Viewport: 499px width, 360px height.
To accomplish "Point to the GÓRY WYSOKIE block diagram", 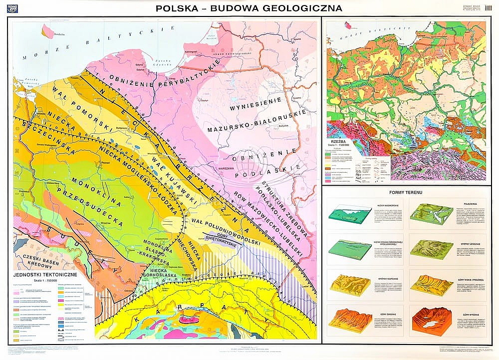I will pyautogui.click(x=430, y=319).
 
